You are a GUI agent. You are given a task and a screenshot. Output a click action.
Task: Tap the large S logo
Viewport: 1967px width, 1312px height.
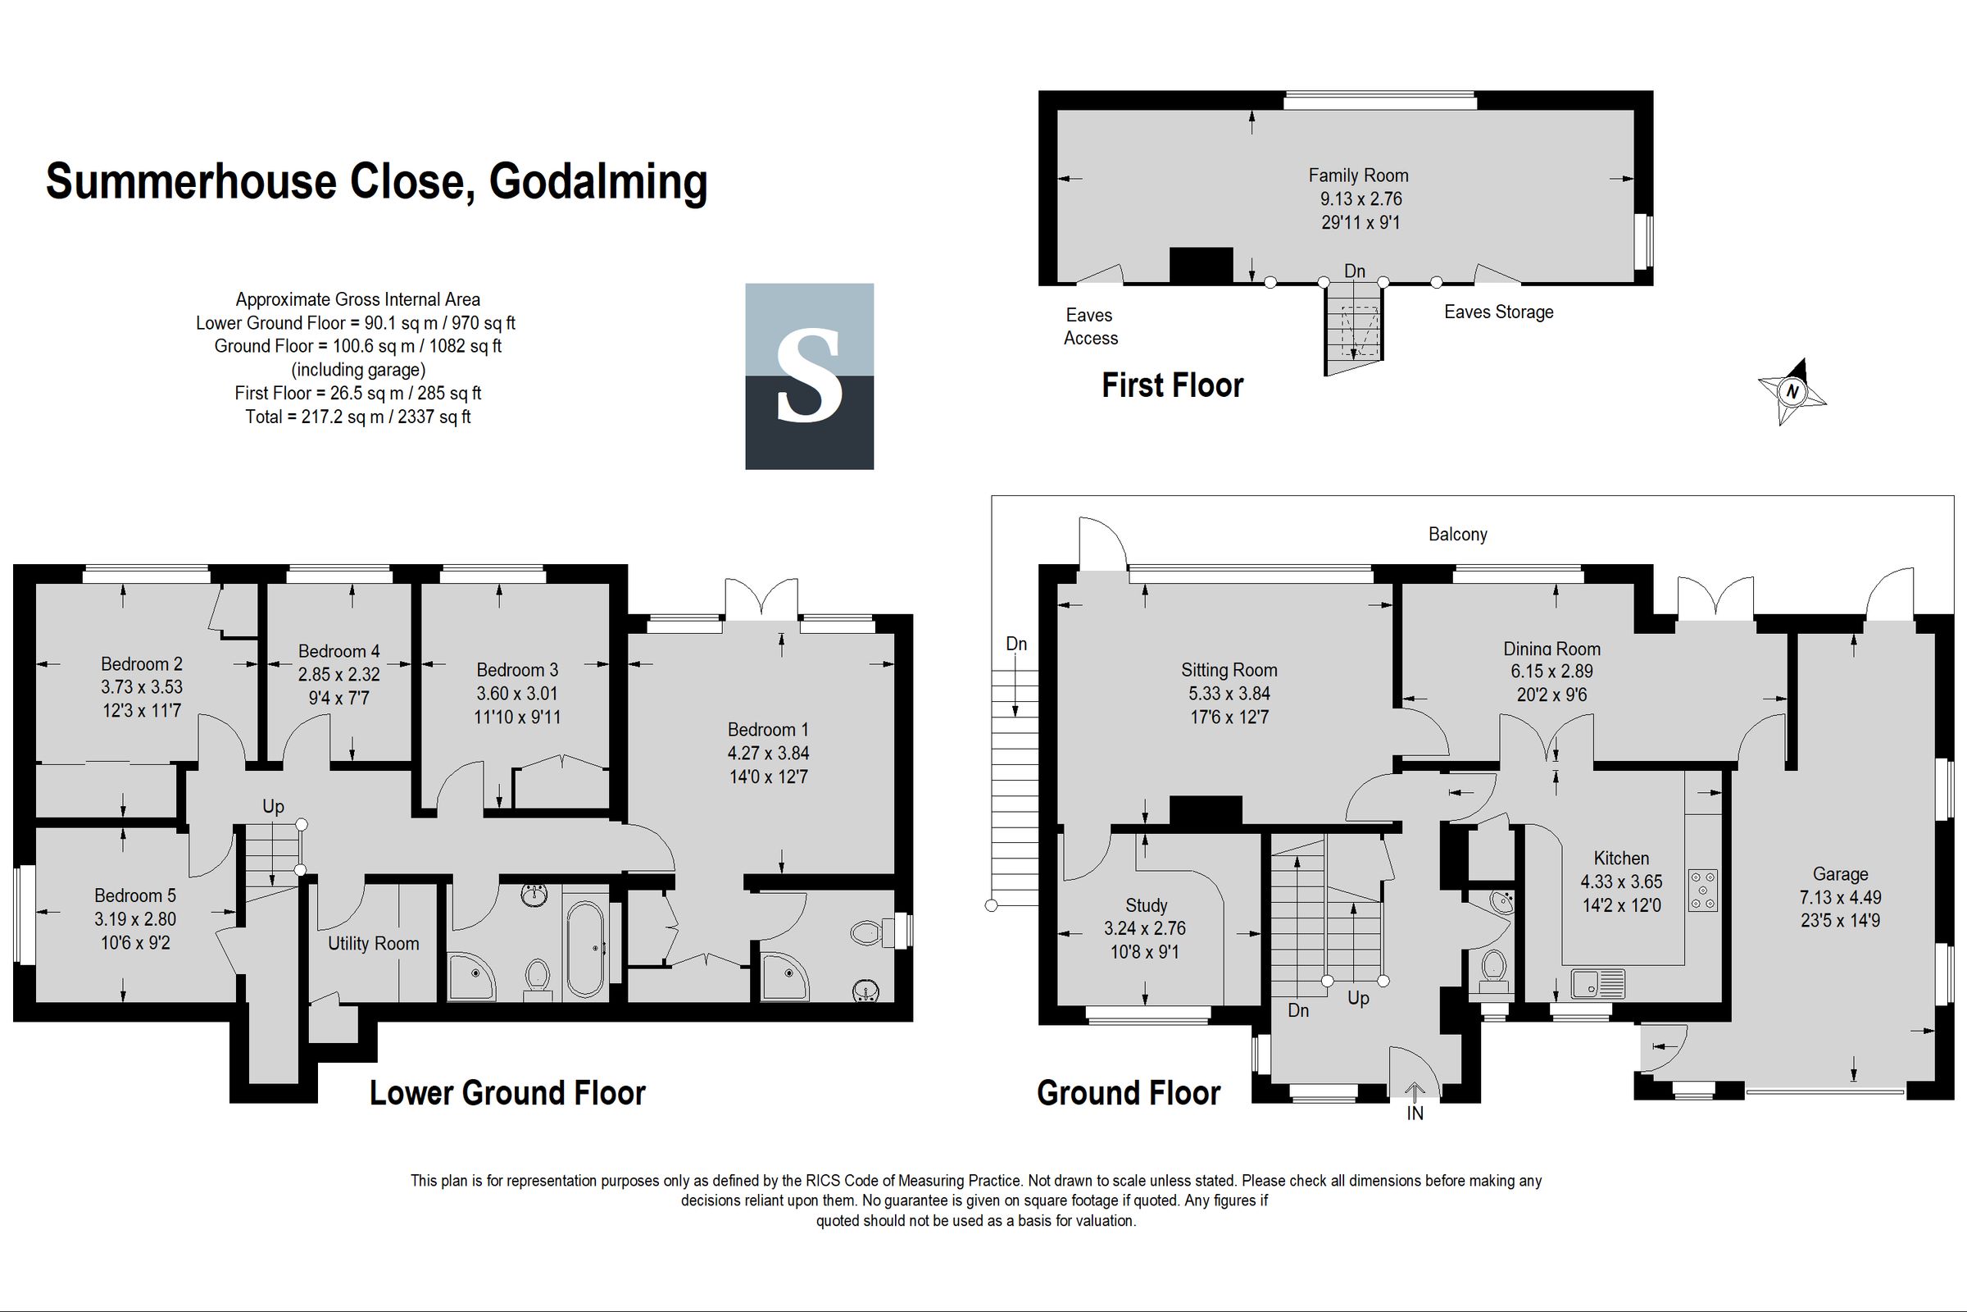(809, 376)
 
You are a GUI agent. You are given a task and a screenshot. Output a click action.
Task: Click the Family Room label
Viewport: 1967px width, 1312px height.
(1358, 175)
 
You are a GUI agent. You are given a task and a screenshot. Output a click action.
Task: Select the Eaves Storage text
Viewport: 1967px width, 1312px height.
(1498, 312)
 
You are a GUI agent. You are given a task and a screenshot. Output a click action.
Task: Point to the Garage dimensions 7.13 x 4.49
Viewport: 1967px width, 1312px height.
(1840, 898)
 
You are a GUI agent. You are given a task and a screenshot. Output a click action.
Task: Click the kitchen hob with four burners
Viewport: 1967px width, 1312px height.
(1702, 891)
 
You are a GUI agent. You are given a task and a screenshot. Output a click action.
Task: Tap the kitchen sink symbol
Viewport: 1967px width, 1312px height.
(1597, 984)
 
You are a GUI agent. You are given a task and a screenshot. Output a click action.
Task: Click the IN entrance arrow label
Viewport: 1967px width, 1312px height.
(1415, 1114)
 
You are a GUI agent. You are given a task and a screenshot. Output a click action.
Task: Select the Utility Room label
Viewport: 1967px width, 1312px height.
(373, 944)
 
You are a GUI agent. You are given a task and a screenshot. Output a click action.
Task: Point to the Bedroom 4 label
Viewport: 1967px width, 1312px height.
(338, 651)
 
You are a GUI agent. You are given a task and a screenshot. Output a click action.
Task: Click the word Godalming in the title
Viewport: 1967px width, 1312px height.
(598, 181)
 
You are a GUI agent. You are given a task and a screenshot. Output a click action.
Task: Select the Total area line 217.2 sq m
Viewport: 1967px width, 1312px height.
(358, 417)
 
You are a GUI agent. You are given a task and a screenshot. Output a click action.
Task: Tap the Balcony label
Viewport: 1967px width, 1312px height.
(1458, 535)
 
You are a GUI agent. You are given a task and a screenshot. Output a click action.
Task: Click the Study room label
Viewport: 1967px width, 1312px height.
(1146, 905)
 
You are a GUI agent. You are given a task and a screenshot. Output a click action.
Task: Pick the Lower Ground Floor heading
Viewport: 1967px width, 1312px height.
(507, 1094)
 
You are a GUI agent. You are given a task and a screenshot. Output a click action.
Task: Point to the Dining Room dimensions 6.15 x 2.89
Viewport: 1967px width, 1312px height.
(1551, 671)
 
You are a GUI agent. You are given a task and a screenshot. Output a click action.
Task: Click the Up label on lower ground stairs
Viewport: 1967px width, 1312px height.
(274, 807)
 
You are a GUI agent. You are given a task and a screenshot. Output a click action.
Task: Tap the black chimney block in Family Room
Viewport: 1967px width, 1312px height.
(1201, 265)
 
